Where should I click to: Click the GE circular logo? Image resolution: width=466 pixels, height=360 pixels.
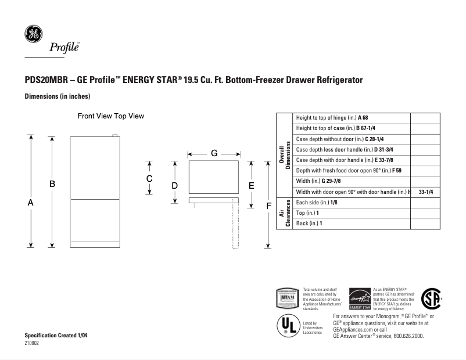[33, 34]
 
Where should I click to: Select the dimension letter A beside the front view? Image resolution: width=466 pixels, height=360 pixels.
[31, 203]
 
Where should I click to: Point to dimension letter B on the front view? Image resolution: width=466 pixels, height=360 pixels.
[52, 183]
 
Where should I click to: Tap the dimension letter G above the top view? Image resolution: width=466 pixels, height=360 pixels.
[214, 154]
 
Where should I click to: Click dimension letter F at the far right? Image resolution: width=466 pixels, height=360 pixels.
[268, 206]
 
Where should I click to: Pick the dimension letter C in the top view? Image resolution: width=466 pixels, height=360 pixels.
[149, 179]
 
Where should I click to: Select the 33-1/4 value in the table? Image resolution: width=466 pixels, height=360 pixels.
[426, 192]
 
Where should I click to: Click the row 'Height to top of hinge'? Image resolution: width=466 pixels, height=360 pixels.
[332, 117]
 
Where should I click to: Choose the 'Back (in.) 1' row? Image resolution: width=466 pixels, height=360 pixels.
[309, 223]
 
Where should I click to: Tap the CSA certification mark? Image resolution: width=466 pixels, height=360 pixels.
[431, 298]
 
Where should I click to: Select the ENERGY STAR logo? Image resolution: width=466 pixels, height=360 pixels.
[359, 299]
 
